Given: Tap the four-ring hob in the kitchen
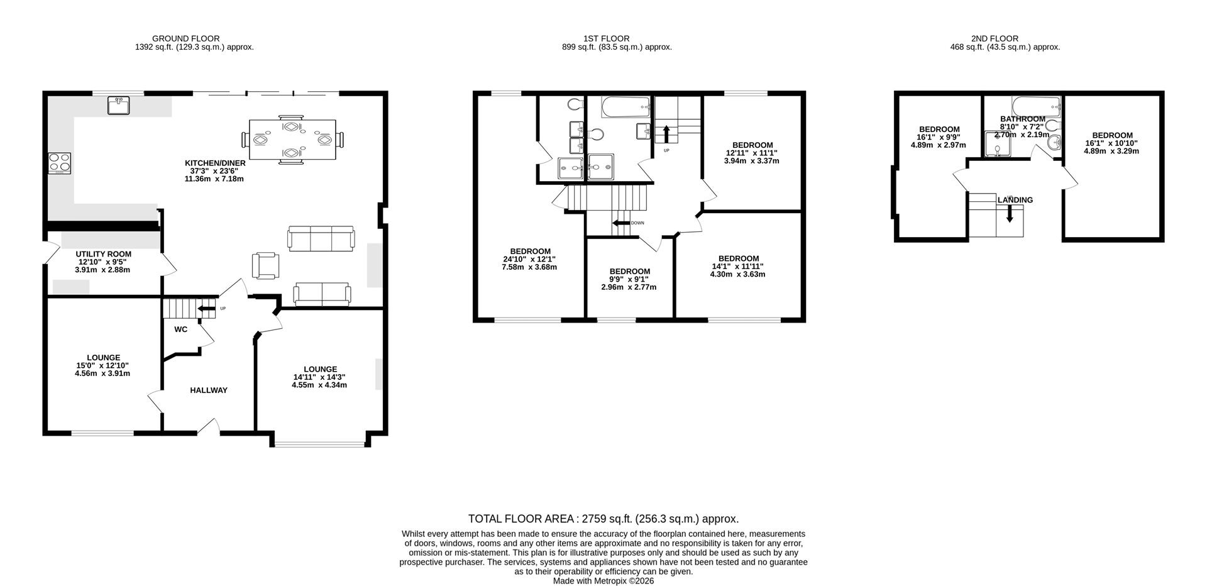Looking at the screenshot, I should tap(59, 163).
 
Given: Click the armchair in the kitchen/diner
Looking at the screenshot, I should tap(265, 265).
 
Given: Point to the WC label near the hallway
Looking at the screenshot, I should tap(181, 329).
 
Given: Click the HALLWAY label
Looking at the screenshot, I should tap(209, 390).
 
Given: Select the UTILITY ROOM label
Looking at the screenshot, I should tap(104, 254).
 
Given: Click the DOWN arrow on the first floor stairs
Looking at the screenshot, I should tap(621, 223).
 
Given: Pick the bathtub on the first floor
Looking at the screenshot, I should tap(625, 108).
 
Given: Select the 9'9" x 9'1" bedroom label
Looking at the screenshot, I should tap(629, 279).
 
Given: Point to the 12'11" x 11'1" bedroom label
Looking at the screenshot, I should tap(752, 153).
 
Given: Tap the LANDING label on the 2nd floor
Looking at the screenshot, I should tap(1015, 200).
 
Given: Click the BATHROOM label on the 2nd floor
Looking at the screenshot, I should tap(1022, 119).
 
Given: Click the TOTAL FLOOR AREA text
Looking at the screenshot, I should tap(603, 519).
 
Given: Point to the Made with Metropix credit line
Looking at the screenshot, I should tap(603, 581).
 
